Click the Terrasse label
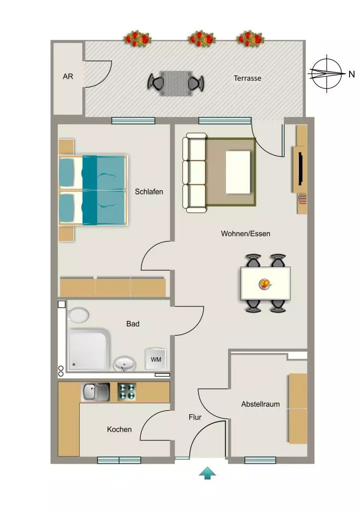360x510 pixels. click(247, 78)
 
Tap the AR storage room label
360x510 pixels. click(68, 76)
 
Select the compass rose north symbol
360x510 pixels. click(327, 74)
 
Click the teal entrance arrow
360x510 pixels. click(208, 473)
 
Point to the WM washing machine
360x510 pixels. click(156, 359)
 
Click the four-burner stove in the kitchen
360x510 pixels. click(126, 391)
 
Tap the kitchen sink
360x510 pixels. click(95, 391)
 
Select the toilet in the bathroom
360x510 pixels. click(78, 315)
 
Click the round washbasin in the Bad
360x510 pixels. click(124, 364)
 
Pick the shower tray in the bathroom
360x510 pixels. click(89, 350)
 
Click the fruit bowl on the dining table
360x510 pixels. click(265, 284)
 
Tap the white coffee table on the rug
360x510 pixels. click(238, 172)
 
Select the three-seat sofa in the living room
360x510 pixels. click(195, 173)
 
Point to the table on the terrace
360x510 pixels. click(176, 84)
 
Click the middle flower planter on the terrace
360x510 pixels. click(202, 39)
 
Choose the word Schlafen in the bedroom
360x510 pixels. click(149, 192)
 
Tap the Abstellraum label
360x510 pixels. click(260, 404)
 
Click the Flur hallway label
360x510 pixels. click(195, 417)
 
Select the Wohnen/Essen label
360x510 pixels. click(245, 234)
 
